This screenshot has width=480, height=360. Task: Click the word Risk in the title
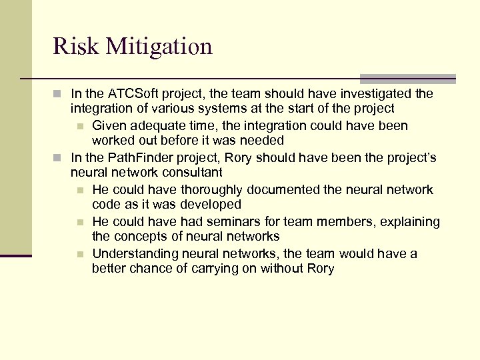pos(71,47)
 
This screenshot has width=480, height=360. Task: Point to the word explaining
pos(410,221)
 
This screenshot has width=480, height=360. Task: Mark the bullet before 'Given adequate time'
pos(80,126)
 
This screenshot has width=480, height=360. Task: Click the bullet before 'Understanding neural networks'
pos(80,254)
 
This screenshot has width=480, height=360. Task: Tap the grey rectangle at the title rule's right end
pos(407,79)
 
